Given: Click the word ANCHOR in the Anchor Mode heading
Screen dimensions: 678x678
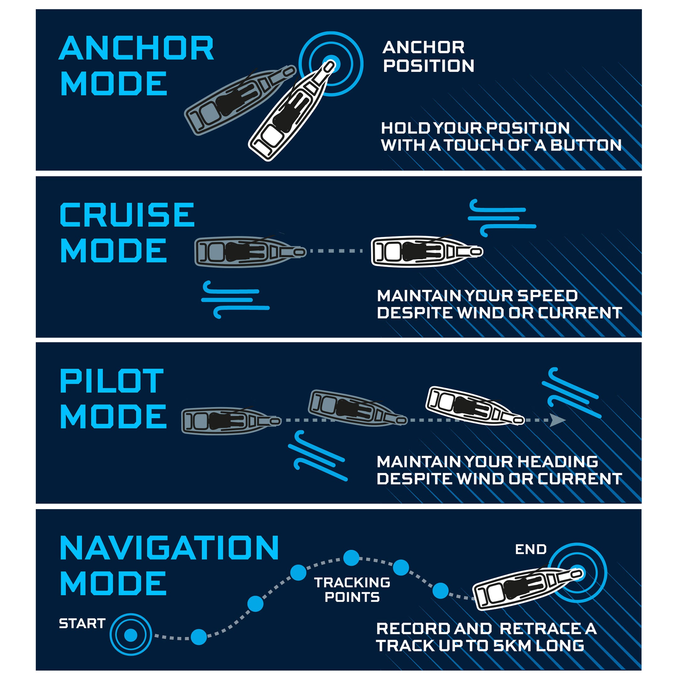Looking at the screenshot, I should click(136, 48).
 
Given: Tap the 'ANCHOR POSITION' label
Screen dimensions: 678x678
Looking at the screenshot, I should click(428, 56).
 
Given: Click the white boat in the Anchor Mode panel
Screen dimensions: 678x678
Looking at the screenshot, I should click(291, 112).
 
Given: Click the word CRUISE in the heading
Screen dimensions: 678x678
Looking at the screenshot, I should click(127, 215).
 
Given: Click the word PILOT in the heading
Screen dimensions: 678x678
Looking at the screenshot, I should click(112, 381).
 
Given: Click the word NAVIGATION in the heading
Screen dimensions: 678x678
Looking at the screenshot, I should click(169, 548).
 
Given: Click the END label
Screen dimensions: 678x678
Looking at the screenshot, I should click(530, 549).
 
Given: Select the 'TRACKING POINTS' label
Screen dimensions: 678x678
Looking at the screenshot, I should click(352, 589).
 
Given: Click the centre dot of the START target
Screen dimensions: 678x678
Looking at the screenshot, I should click(131, 635).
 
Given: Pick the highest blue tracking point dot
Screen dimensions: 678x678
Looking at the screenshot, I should click(351, 558).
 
